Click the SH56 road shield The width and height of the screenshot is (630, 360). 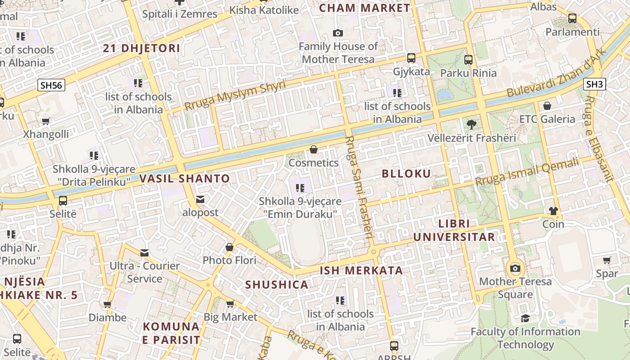pyautogui.click(x=51, y=85)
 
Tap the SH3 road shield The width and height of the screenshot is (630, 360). pyautogui.click(x=594, y=84)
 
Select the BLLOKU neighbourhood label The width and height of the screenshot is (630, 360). pyautogui.click(x=406, y=174)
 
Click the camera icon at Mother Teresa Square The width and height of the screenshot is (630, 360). pyautogui.click(x=515, y=269)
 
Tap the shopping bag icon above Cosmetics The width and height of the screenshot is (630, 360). pyautogui.click(x=314, y=149)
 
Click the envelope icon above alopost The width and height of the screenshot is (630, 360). pyautogui.click(x=200, y=199)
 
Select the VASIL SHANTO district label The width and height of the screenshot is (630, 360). pyautogui.click(x=184, y=179)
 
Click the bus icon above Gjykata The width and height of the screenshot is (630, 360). pyautogui.click(x=411, y=58)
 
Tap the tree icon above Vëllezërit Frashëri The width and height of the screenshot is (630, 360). pyautogui.click(x=472, y=124)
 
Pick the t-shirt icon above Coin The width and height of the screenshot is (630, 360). pyautogui.click(x=553, y=211)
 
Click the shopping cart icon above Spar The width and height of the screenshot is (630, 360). pyautogui.click(x=607, y=260)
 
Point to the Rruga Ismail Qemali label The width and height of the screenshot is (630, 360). pyautogui.click(x=527, y=172)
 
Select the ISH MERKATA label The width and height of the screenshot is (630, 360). pyautogui.click(x=361, y=270)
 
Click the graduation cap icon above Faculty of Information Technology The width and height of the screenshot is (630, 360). pyautogui.click(x=525, y=318)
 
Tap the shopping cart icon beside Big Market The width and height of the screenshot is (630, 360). pyautogui.click(x=230, y=304)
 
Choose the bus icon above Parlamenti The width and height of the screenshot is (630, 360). pyautogui.click(x=572, y=18)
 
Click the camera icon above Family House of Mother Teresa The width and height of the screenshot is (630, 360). pyautogui.click(x=337, y=33)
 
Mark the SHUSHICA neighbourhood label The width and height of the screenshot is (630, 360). pyautogui.click(x=277, y=284)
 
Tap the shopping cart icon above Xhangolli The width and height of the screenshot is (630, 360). pyautogui.click(x=45, y=121)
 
